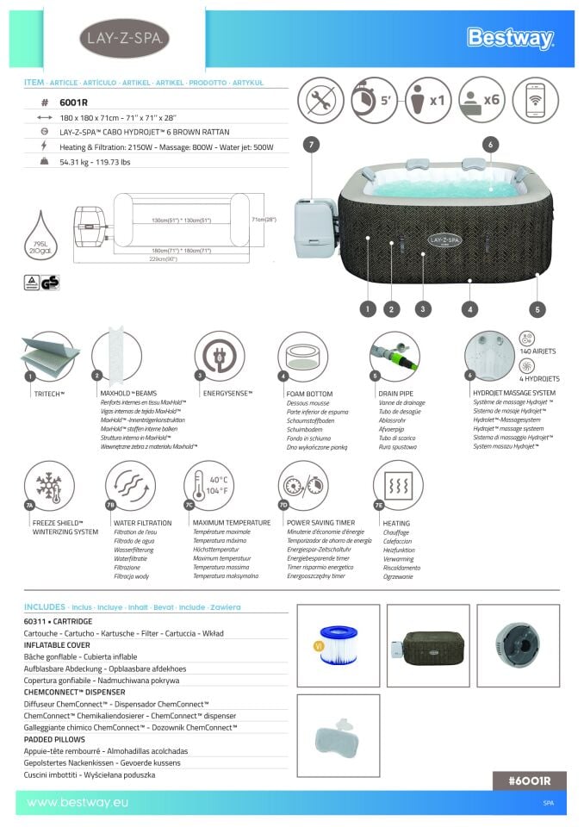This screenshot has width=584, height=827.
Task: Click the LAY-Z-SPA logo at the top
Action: point(124,39)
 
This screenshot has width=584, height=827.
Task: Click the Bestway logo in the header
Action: point(510,37)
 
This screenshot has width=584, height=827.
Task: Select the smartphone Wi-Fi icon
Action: point(535,100)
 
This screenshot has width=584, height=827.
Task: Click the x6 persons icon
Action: point(481,100)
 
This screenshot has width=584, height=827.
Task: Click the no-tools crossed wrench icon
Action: point(320,100)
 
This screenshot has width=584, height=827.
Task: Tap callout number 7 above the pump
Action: point(311,146)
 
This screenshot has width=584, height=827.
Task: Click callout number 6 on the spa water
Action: point(490,146)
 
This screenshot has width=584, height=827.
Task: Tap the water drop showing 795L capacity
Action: point(44,233)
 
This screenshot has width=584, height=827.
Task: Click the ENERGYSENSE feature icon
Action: point(220,356)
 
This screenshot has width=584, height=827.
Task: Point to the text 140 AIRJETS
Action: point(539,352)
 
